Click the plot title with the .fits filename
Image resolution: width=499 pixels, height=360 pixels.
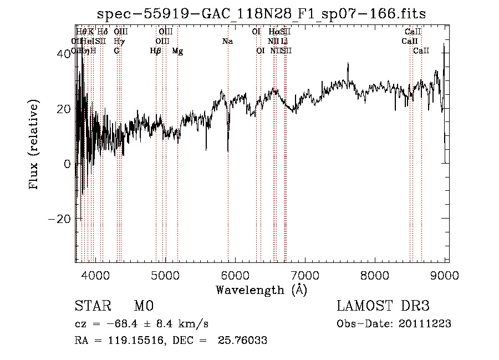point(261,14)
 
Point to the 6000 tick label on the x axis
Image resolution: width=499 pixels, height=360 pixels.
point(235,275)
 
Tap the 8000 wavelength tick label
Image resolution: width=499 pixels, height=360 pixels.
point(375,275)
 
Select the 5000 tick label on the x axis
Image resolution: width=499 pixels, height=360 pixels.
point(165,275)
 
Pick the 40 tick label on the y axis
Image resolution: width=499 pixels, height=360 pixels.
point(65,54)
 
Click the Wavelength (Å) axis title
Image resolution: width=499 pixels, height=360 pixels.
point(261,290)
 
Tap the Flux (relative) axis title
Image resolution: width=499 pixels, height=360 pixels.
point(34,145)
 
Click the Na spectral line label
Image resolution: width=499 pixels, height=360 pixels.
point(227,41)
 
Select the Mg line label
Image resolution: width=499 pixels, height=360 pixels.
point(177,51)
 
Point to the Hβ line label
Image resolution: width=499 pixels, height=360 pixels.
point(156,51)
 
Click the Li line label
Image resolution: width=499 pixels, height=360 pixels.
point(284,41)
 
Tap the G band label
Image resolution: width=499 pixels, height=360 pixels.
point(116,51)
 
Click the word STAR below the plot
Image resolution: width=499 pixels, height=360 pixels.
point(90,306)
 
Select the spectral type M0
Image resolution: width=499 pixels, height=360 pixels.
point(143,306)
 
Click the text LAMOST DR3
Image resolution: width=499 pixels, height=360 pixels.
point(383,306)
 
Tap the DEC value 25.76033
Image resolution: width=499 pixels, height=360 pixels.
point(244,341)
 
